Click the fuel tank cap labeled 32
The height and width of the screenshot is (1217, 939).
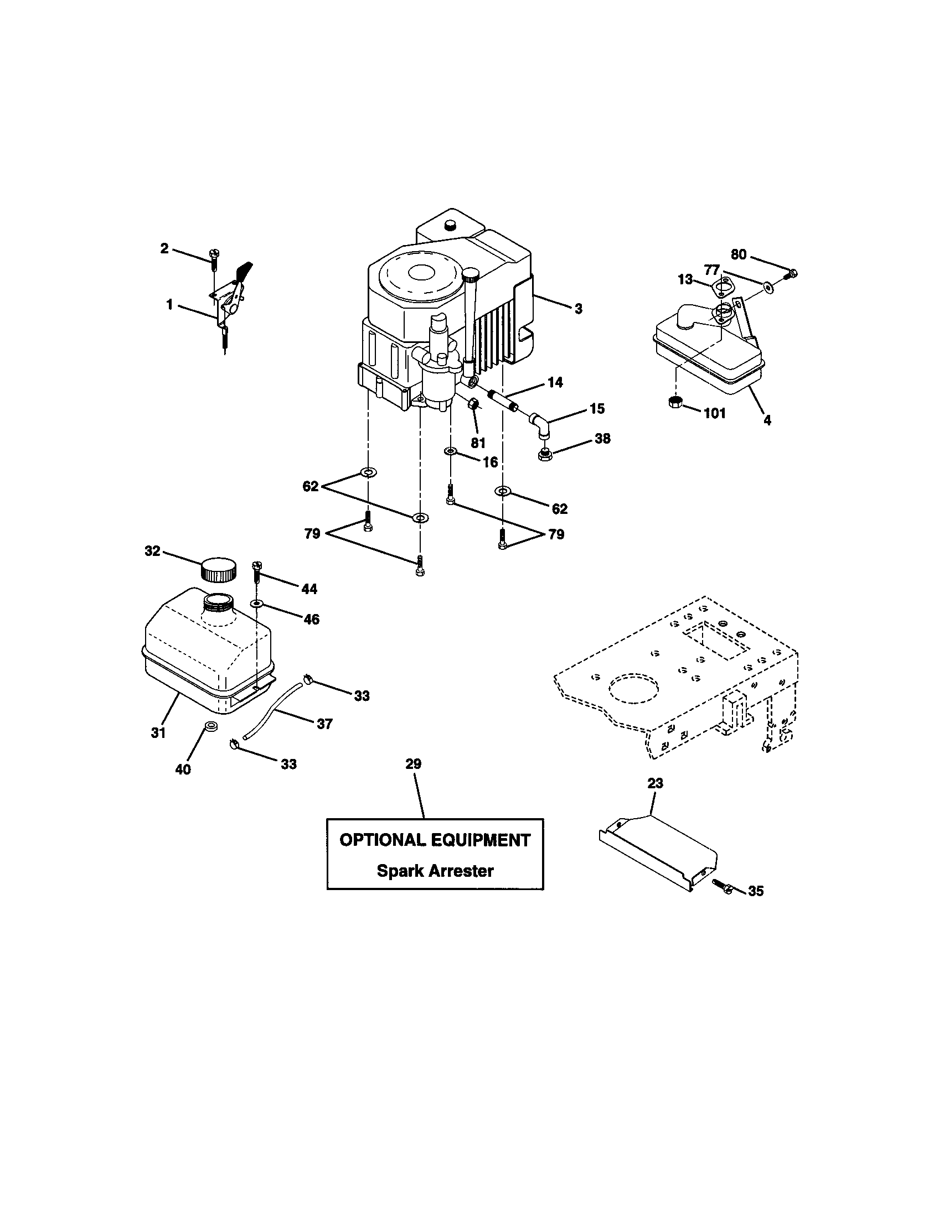tap(219, 569)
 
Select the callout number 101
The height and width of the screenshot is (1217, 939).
tap(714, 413)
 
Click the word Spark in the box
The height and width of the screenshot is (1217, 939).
tap(397, 870)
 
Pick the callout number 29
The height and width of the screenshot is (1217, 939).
tap(413, 764)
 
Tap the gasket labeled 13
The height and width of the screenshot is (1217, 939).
tap(721, 287)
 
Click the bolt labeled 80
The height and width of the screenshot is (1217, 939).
tap(792, 273)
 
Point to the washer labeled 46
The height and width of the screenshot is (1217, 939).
tap(257, 604)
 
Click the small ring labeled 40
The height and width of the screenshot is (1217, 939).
tap(211, 726)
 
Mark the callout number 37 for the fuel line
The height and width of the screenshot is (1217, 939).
tap(324, 724)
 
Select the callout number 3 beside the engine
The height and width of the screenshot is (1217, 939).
tap(578, 308)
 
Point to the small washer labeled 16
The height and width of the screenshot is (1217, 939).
tap(450, 450)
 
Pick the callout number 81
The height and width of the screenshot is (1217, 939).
tap(478, 443)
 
